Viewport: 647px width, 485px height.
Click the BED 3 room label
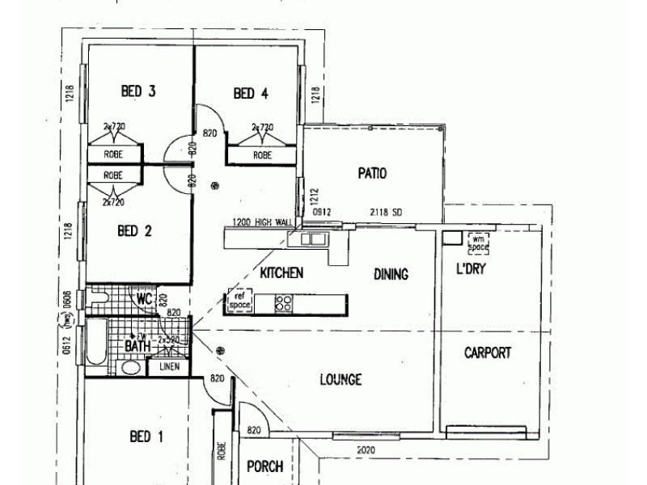click(138, 91)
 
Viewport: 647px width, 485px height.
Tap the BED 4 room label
click(251, 94)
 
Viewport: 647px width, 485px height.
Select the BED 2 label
click(135, 231)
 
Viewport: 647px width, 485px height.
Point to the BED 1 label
click(146, 436)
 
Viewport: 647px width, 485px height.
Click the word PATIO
click(372, 173)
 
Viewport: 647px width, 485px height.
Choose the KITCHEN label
click(281, 272)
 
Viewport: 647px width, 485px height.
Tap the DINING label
click(391, 274)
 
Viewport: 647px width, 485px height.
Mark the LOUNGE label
click(340, 379)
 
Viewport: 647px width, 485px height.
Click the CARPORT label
click(488, 352)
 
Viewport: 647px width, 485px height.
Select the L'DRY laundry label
click(471, 268)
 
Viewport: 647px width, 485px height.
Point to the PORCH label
click(264, 466)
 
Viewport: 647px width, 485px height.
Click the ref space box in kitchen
click(240, 301)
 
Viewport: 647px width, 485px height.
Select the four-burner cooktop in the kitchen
click(284, 303)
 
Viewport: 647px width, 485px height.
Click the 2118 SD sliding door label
click(386, 213)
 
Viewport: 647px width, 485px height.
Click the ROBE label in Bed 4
click(263, 155)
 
